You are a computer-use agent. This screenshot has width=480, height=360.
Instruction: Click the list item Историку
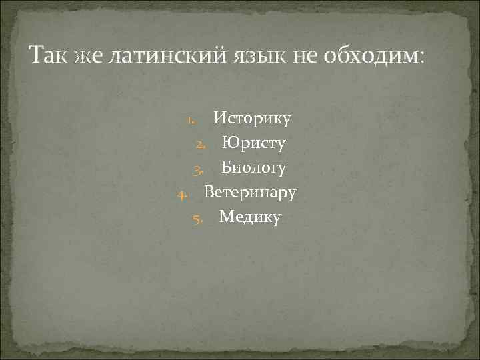coord(252,120)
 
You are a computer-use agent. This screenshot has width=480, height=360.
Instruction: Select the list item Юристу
coord(253,144)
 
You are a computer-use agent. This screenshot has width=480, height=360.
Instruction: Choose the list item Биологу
coord(254,169)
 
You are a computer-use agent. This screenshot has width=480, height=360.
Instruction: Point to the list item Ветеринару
coord(250,193)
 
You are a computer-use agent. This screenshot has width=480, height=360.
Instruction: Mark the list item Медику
coord(250,217)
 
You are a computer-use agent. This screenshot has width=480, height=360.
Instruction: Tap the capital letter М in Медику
coord(227,217)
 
